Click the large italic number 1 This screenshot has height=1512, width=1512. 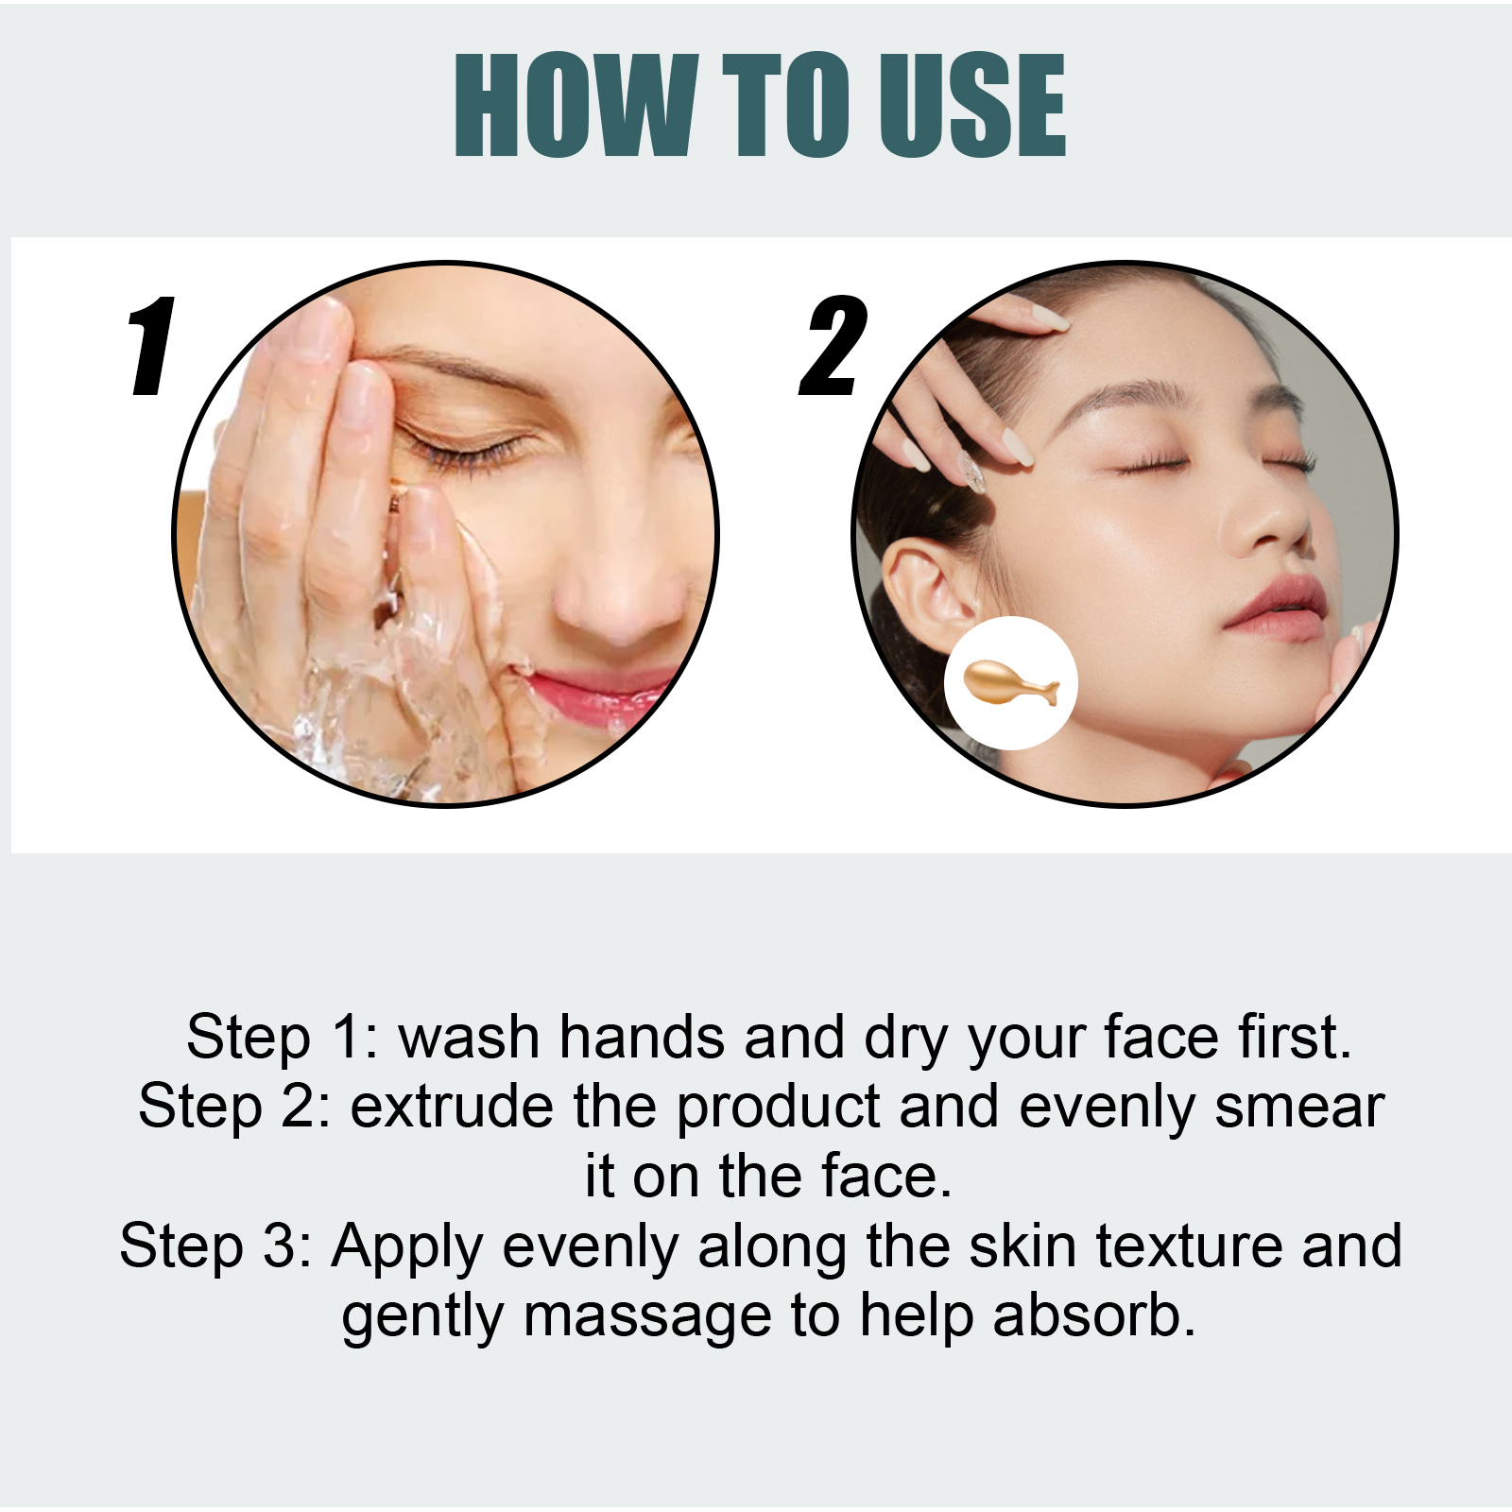tap(152, 346)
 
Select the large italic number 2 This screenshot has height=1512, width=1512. tap(833, 346)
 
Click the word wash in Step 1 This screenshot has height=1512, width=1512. tap(469, 1037)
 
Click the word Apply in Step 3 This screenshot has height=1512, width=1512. tap(407, 1247)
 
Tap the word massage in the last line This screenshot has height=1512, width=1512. tap(648, 1318)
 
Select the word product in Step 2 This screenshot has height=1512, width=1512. tap(779, 1108)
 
